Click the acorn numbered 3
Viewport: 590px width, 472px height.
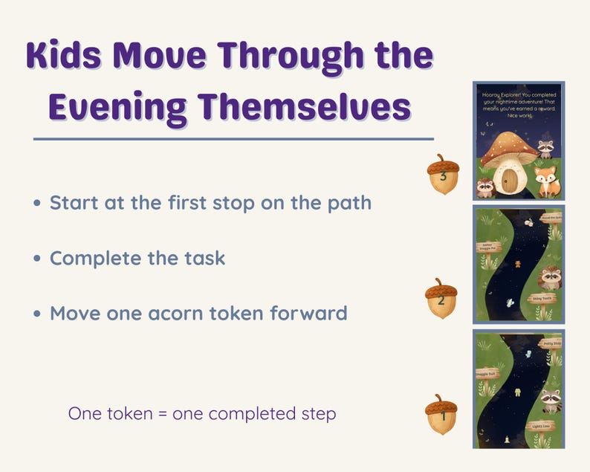tap(443, 175)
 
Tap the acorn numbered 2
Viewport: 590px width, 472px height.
tap(441, 299)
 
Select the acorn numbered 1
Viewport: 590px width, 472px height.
tap(441, 415)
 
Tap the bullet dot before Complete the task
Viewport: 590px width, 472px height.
tap(37, 259)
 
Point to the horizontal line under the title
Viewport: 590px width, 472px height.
tap(233, 138)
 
